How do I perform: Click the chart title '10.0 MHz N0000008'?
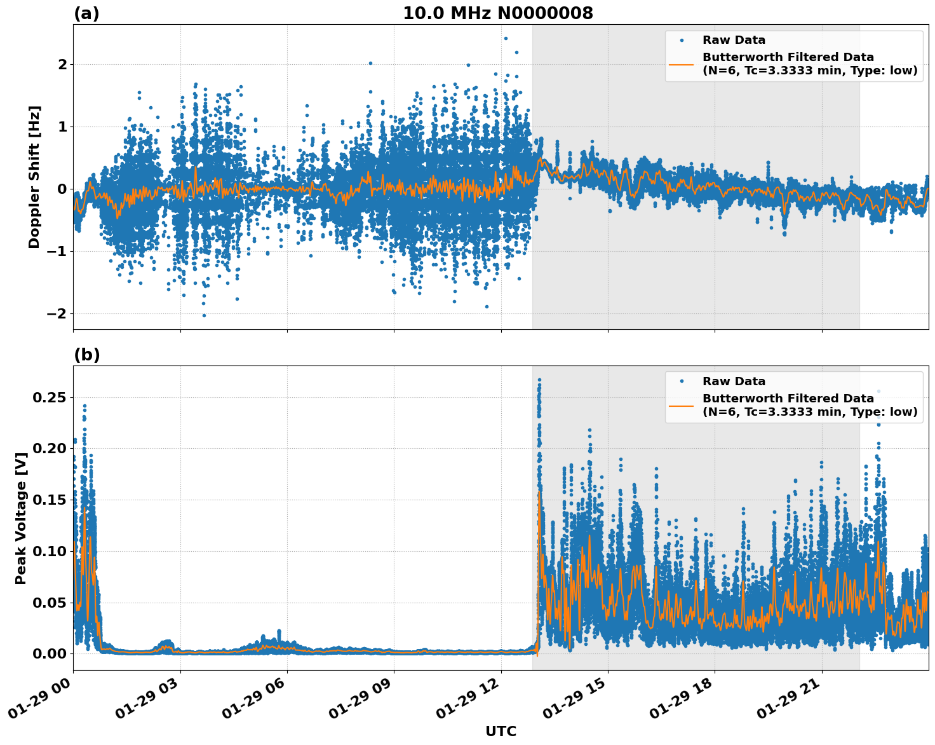coord(498,13)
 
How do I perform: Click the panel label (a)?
coord(86,13)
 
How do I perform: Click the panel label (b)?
coord(86,355)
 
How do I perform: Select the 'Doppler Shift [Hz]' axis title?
coord(34,177)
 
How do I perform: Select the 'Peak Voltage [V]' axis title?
coord(21,518)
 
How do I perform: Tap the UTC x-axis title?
coord(501,731)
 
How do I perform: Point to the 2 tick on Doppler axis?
coord(62,64)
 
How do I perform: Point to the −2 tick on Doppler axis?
coord(57,314)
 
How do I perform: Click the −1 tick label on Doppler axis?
coord(57,252)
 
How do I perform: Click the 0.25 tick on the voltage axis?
coord(50,397)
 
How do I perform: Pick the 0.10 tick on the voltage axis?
coord(50,551)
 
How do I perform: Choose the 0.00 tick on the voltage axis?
coord(50,653)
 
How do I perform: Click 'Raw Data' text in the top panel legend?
coord(734,41)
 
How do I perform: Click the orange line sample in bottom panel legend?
coord(681,406)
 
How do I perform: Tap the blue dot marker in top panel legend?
coord(681,41)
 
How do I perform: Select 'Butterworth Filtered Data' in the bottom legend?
coord(788,399)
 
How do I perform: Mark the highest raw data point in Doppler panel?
coord(506,38)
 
